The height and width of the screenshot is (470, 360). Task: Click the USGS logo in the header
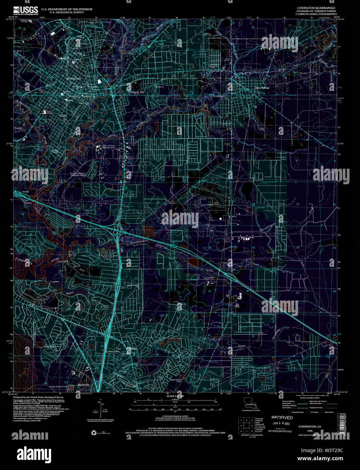tap(26, 10)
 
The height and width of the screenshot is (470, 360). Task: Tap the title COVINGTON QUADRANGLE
tap(311, 7)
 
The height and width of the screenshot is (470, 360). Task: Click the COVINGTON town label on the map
tap(73, 79)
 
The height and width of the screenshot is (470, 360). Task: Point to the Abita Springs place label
tap(262, 88)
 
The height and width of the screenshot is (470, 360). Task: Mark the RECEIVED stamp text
tap(282, 418)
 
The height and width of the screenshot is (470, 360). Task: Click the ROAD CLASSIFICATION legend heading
tap(305, 398)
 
